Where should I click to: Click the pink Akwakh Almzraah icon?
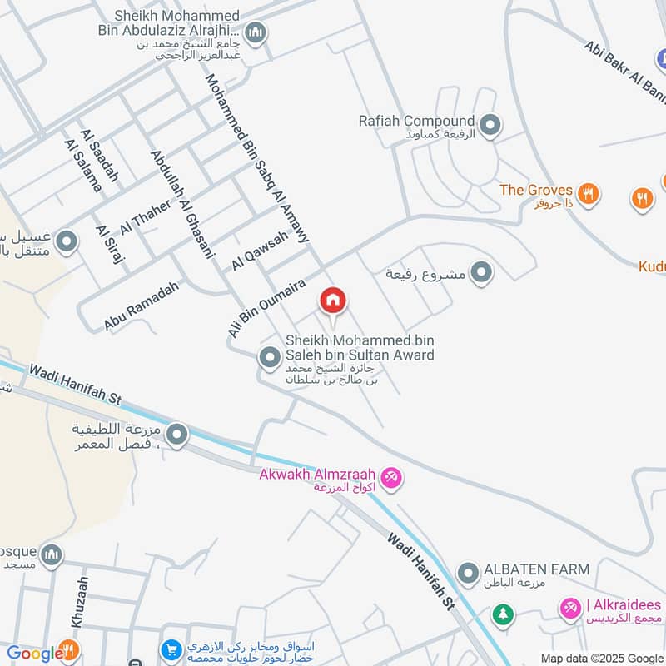[393, 478]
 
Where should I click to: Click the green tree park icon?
[502, 614]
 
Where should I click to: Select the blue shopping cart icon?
[171, 649]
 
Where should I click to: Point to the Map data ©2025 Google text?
[600, 658]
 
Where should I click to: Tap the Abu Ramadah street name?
[142, 306]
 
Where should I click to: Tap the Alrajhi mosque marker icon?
[256, 33]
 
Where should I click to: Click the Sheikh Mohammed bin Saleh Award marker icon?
[269, 359]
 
